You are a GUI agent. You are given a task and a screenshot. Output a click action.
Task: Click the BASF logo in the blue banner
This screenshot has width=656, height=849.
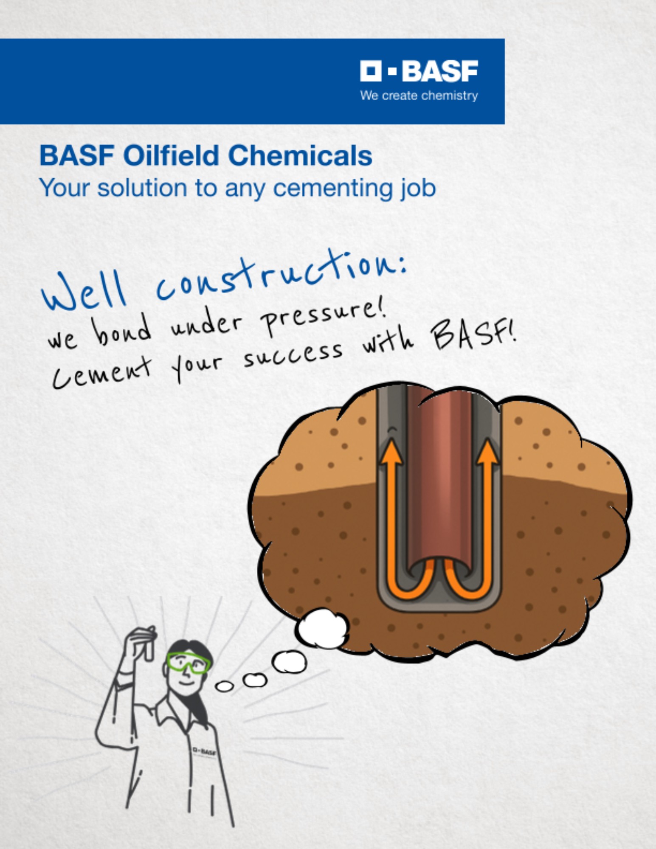(x=419, y=71)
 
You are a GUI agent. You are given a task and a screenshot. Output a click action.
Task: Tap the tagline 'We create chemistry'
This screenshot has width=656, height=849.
(x=419, y=96)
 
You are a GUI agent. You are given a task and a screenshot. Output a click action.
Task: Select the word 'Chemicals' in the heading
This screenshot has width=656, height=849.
(x=300, y=155)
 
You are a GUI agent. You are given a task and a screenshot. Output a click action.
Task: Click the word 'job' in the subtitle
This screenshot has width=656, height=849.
(x=418, y=188)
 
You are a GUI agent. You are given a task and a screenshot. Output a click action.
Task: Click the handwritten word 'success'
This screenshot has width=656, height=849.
(x=293, y=354)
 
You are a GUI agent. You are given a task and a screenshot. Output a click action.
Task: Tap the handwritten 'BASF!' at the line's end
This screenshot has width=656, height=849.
(x=473, y=337)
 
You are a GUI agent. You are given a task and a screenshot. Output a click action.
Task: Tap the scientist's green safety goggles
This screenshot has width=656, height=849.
(x=189, y=663)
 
